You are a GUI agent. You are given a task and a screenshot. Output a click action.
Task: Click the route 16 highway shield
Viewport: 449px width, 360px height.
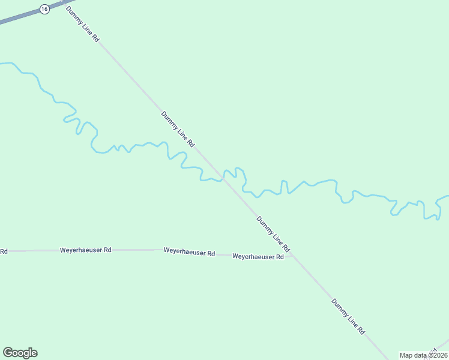click(44, 9)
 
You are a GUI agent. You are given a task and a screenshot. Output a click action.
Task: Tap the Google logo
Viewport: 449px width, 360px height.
click(20, 353)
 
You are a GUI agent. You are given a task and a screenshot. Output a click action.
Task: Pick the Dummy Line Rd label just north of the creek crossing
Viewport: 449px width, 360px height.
click(178, 129)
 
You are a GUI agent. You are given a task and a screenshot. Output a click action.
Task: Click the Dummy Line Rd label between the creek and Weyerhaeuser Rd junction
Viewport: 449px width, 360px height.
click(273, 233)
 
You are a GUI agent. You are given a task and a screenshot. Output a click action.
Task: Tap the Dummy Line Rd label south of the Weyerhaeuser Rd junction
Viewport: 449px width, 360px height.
click(348, 316)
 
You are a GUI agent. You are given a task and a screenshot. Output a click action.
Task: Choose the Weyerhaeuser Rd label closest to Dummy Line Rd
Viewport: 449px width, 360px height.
click(258, 257)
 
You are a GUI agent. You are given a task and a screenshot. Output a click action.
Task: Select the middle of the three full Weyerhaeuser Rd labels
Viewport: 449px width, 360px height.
click(189, 253)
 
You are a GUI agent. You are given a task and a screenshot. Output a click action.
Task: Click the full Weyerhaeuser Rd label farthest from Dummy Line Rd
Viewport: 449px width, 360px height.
click(86, 250)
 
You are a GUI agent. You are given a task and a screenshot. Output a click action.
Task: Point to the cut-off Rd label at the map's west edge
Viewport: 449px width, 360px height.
click(3, 251)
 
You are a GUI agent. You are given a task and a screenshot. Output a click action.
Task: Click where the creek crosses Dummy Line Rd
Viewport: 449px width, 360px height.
click(223, 178)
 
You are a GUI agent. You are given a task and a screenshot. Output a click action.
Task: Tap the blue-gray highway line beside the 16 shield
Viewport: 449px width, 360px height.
click(18, 18)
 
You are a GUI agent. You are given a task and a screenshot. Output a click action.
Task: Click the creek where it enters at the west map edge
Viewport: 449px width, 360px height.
click(3, 62)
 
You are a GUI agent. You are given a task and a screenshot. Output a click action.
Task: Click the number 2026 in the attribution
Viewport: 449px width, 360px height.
click(438, 355)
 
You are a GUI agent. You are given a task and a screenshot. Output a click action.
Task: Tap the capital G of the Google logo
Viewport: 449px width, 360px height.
click(8, 353)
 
